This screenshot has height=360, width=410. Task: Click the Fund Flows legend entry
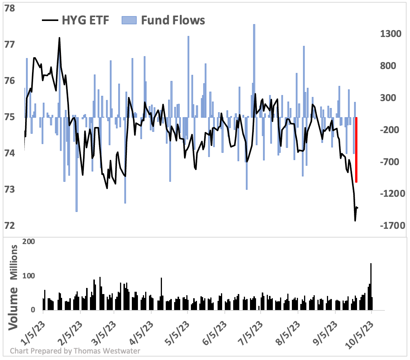click(x=164, y=20)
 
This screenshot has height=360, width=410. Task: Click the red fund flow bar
click(x=356, y=149)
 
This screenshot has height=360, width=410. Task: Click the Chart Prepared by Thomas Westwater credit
click(x=75, y=351)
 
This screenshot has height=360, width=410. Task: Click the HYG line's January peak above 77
click(x=59, y=38)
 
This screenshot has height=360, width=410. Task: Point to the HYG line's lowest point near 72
click(x=355, y=220)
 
